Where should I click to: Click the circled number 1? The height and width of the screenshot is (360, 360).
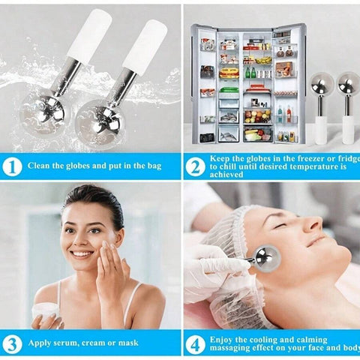click(x=12, y=166)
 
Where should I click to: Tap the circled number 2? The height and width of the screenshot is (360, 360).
click(x=195, y=166)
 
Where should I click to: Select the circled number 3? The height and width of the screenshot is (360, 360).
click(x=12, y=344)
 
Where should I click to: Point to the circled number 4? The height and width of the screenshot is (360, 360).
click(x=195, y=345)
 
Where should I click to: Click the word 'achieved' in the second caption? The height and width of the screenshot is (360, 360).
click(x=226, y=174)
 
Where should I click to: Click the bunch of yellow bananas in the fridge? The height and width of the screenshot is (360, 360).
click(x=263, y=60)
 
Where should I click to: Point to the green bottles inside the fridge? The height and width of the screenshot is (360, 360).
click(x=250, y=73)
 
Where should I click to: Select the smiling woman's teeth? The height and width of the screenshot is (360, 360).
click(x=82, y=254)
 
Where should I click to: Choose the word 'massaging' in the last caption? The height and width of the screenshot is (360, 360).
click(x=229, y=348)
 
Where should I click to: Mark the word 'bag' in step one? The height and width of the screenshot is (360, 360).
click(x=154, y=166)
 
